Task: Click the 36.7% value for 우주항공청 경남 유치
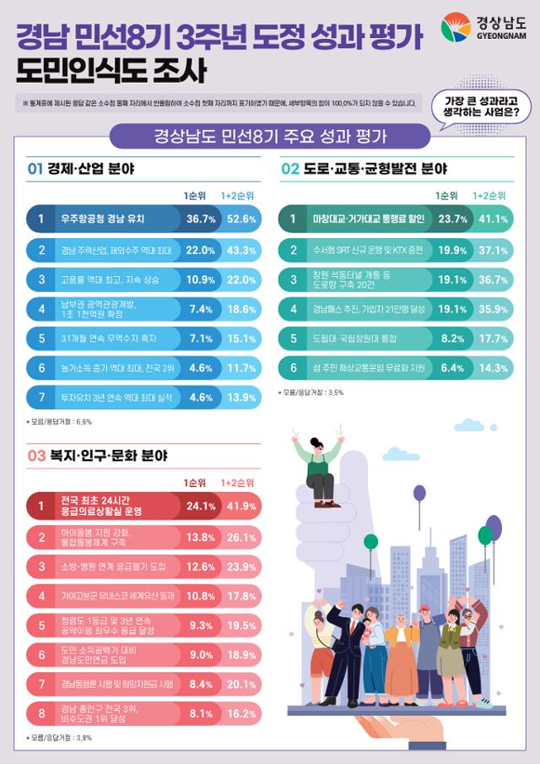(x=200, y=219)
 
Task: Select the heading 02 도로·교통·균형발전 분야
(x=364, y=169)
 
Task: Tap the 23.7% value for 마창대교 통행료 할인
(x=452, y=219)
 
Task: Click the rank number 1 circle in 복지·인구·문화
(x=40, y=507)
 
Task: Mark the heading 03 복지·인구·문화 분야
(x=97, y=455)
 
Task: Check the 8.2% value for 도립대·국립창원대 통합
(x=452, y=338)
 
